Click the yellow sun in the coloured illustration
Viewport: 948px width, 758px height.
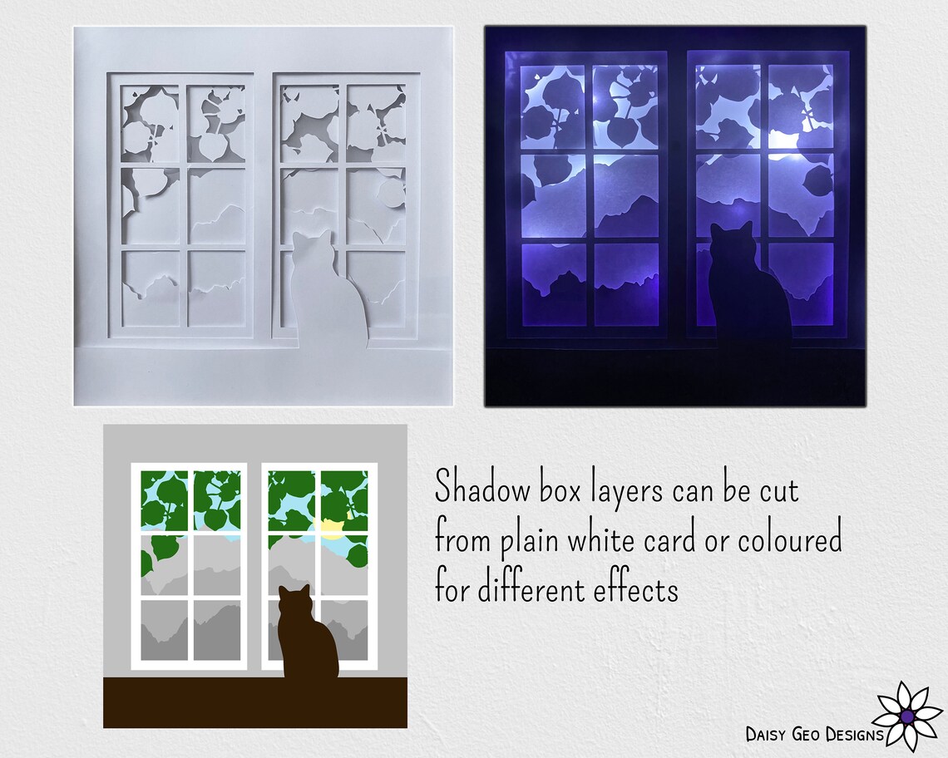coord(331,529)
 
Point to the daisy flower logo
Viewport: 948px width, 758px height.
coord(907,715)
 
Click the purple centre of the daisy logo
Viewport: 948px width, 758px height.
coord(907,716)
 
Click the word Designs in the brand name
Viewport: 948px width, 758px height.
coord(856,734)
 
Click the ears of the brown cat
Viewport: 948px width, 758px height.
coord(294,592)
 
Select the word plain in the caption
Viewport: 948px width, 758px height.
coord(530,542)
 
